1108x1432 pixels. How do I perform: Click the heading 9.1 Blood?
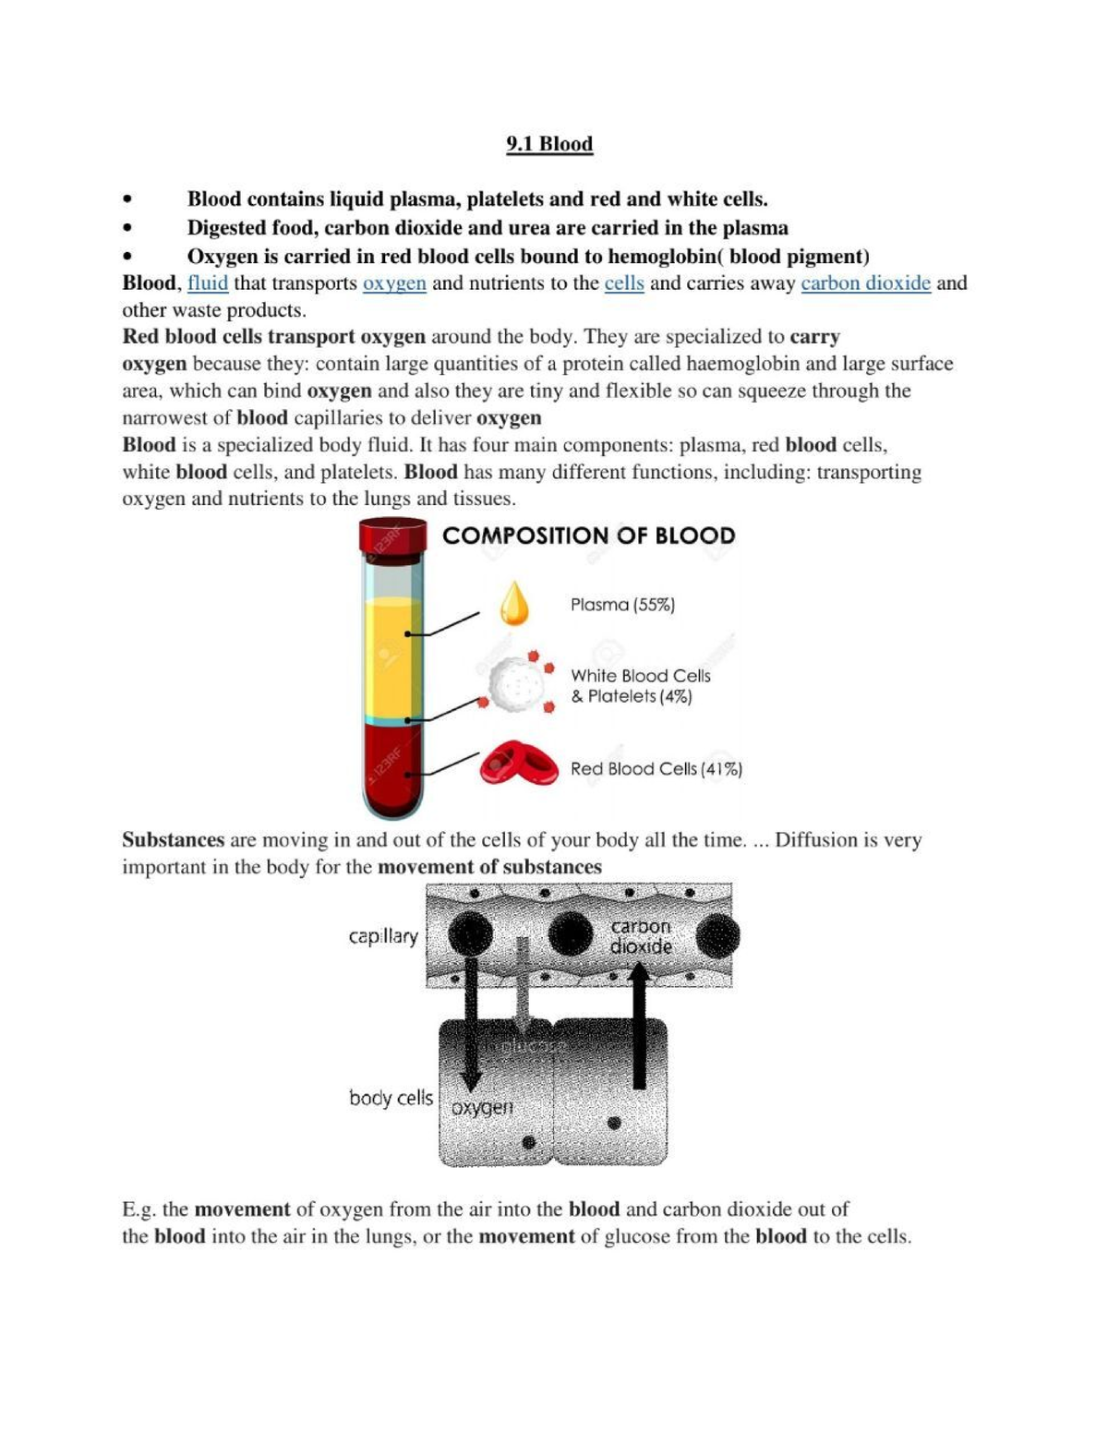click(549, 144)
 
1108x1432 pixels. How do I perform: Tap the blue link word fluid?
click(208, 283)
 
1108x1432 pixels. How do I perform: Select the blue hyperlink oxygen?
click(394, 283)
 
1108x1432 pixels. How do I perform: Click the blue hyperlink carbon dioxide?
click(865, 283)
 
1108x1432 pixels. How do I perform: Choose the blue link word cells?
click(624, 283)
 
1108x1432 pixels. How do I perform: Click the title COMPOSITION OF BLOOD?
click(588, 536)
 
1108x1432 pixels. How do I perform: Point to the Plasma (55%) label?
click(622, 605)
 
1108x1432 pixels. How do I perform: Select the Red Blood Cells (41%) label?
click(656, 769)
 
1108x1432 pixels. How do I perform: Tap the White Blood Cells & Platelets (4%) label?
click(640, 686)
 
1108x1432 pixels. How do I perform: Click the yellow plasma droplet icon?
click(514, 603)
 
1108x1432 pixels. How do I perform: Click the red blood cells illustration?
click(518, 764)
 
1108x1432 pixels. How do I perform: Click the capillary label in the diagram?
click(383, 936)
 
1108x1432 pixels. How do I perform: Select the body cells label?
click(391, 1098)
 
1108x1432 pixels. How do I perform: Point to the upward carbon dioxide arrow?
click(638, 1025)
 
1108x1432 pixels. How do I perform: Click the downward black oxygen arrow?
click(471, 1025)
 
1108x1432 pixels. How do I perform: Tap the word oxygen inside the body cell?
click(482, 1107)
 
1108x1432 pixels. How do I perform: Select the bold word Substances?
click(174, 840)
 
